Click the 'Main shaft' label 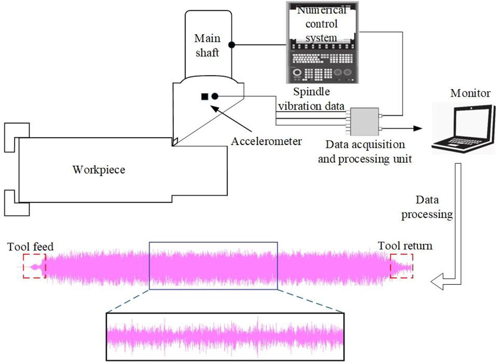[207, 45]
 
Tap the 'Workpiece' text [99, 169]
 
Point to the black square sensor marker [205, 97]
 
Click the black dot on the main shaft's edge [231, 45]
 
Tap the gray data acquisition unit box [364, 122]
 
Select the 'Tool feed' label [31, 246]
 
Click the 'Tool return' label [405, 246]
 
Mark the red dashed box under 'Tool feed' [34, 266]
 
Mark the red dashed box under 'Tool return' [401, 266]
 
